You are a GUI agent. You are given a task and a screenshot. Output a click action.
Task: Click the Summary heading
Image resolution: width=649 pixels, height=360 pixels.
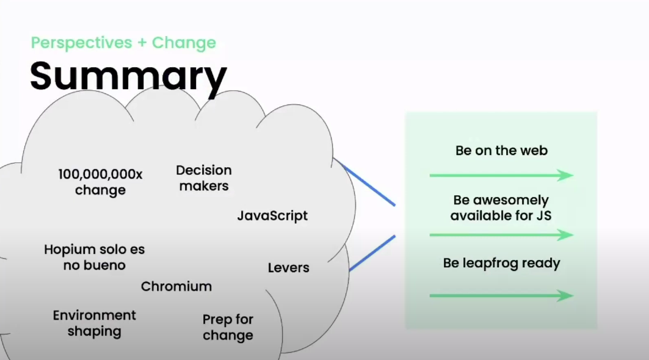(128, 77)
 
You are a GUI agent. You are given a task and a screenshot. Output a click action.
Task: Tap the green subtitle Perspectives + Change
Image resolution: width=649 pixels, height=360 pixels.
(123, 43)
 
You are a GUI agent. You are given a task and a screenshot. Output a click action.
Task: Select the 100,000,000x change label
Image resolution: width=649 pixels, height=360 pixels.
(100, 182)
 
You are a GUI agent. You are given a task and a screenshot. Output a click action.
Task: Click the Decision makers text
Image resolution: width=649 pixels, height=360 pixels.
(204, 178)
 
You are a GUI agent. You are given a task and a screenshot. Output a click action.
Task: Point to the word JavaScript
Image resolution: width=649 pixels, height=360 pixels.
(272, 215)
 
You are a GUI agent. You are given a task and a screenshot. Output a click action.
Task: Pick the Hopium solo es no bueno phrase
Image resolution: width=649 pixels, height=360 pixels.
(95, 257)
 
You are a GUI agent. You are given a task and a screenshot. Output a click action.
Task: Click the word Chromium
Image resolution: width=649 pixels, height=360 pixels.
(176, 286)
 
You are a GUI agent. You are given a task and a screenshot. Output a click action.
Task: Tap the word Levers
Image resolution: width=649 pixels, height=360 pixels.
(289, 268)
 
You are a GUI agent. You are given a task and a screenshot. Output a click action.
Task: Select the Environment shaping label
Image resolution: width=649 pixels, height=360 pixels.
(95, 323)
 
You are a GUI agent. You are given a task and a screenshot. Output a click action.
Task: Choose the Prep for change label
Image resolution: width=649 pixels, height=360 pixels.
(228, 327)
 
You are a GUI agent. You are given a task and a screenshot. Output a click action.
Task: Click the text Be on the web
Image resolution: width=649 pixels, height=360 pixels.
(501, 151)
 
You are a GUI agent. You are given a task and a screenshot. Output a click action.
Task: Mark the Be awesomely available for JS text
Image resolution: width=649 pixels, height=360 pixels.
(501, 207)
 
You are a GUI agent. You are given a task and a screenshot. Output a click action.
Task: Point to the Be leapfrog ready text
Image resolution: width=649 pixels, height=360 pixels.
(501, 263)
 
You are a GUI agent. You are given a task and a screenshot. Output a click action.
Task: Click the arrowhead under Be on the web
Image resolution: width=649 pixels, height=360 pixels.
(565, 175)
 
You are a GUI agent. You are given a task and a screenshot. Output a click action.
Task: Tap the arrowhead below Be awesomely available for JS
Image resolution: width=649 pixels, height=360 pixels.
(565, 235)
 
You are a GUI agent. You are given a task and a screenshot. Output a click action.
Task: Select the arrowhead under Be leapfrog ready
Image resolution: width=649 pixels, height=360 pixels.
(565, 295)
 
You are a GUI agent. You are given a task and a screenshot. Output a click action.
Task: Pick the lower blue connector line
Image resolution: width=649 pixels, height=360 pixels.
(372, 253)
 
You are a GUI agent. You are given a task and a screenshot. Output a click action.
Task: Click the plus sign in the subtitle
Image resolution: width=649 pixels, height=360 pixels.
(142, 43)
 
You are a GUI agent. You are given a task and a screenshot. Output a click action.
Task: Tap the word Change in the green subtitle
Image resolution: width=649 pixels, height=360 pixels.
(184, 43)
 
